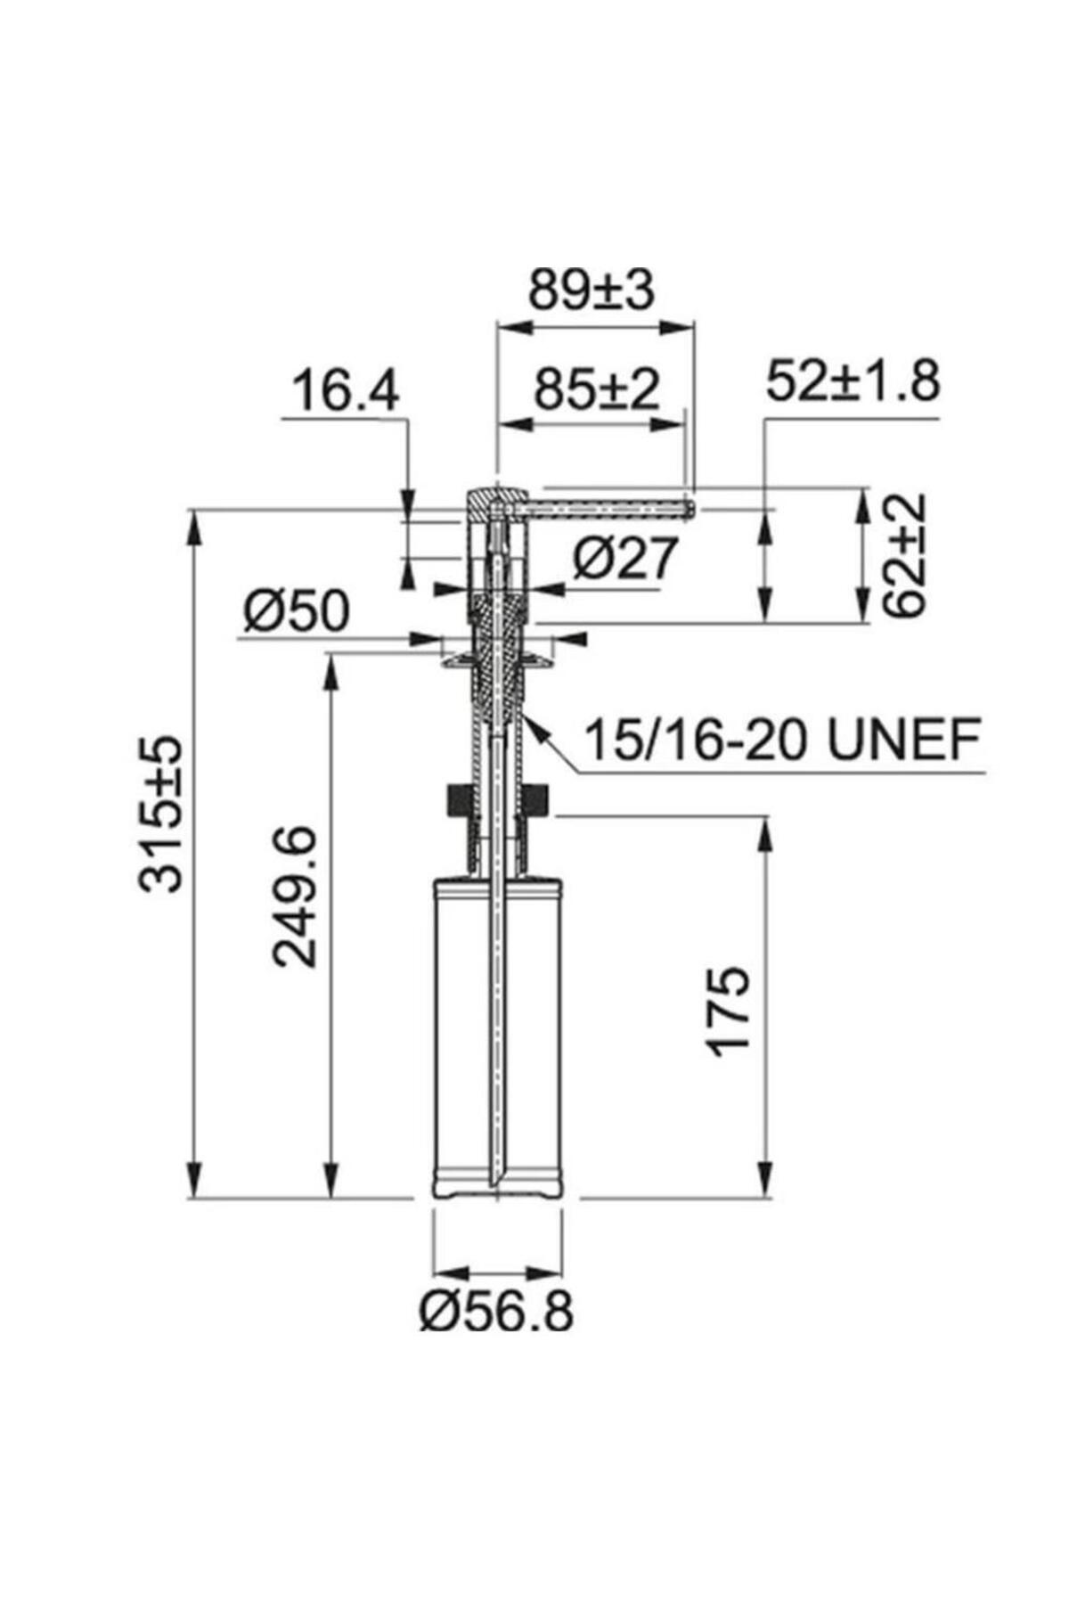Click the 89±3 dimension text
pos(592,291)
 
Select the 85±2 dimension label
pos(596,390)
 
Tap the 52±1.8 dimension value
pos(853,382)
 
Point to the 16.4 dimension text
pos(346,392)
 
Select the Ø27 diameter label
pos(624,560)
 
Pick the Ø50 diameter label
pos(297,612)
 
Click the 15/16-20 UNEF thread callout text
pos(782,739)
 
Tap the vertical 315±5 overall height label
pos(161,813)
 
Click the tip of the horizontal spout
pos(691,508)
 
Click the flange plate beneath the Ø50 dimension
pos(497,659)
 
